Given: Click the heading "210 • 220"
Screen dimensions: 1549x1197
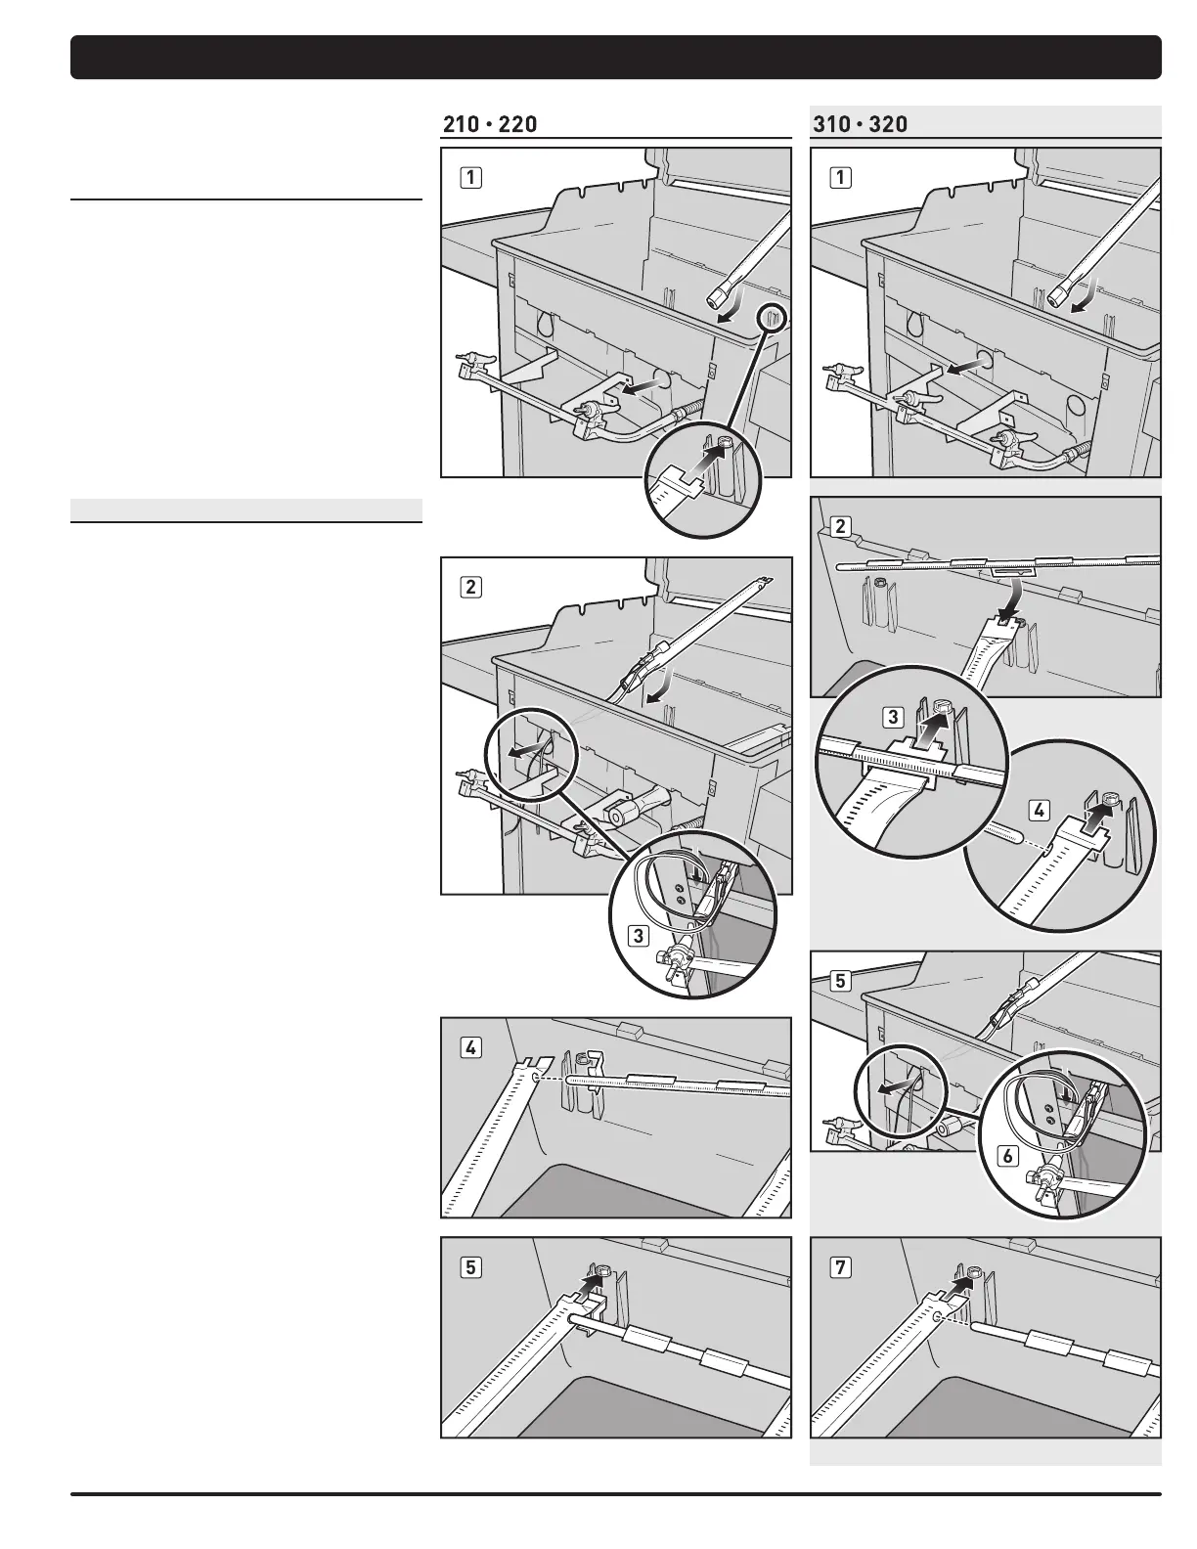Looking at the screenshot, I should (490, 124).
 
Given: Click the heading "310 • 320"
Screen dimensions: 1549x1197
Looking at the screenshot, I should (860, 124).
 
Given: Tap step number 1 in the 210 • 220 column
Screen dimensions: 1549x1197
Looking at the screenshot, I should (471, 178).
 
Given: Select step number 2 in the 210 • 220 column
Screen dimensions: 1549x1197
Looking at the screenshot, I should (471, 587).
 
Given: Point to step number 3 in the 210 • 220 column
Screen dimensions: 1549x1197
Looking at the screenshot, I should (639, 936).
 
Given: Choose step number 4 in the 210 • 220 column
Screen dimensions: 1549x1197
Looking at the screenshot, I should (471, 1047).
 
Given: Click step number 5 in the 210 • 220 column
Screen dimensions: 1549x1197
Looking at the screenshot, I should (471, 1267).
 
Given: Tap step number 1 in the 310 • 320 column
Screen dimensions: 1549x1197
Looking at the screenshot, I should (840, 178).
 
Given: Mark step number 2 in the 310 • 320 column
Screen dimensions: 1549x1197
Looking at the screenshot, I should (840, 526).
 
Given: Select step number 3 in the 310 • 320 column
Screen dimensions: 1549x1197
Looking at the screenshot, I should (892, 718).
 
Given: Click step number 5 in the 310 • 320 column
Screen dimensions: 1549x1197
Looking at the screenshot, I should (840, 980).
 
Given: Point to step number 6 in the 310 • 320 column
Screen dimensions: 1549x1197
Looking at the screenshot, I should (1007, 1156).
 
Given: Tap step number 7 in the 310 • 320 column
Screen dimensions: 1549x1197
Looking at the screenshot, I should (840, 1267).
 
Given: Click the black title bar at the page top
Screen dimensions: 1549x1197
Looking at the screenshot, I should (616, 57).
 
